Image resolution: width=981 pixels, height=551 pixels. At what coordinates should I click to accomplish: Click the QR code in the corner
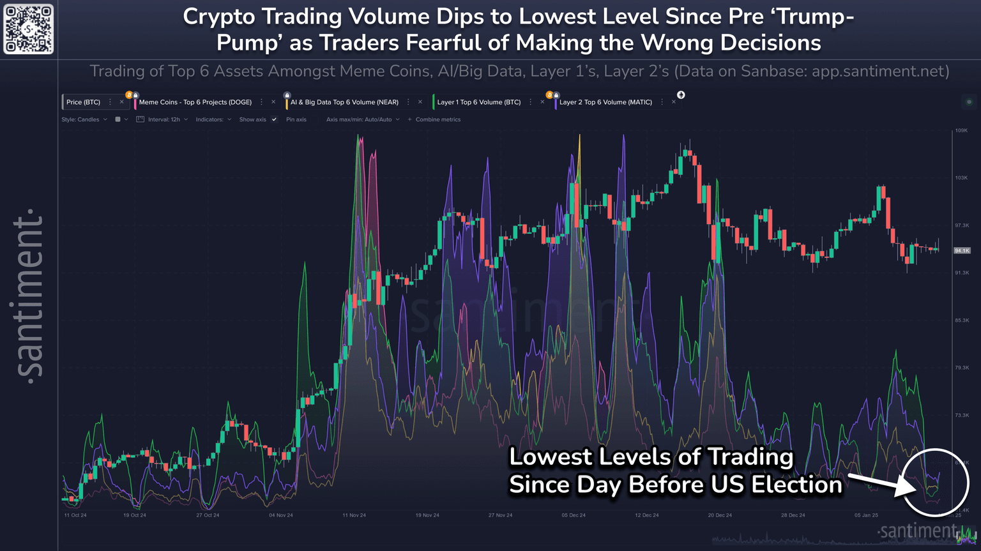pyautogui.click(x=29, y=29)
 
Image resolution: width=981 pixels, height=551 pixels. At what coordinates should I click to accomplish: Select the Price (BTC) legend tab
pyautogui.click(x=83, y=102)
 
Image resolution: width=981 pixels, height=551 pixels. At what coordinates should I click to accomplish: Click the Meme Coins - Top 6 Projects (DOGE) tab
pyautogui.click(x=195, y=102)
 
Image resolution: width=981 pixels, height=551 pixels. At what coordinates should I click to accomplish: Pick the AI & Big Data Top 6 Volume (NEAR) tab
pyautogui.click(x=344, y=102)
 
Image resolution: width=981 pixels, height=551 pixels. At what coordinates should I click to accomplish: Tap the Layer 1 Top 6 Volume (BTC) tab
pyautogui.click(x=478, y=102)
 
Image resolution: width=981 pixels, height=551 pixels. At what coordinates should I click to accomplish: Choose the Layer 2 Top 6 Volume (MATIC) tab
pyautogui.click(x=605, y=102)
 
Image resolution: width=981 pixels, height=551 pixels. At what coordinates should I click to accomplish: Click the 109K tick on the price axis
pyautogui.click(x=961, y=130)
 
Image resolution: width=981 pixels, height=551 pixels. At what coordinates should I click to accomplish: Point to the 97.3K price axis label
pyautogui.click(x=961, y=225)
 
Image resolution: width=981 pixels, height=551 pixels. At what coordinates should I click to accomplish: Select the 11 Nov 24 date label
pyautogui.click(x=354, y=515)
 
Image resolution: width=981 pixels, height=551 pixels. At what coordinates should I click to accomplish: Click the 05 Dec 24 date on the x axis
pyautogui.click(x=574, y=515)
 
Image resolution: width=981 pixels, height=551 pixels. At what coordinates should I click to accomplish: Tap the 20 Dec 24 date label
pyautogui.click(x=720, y=515)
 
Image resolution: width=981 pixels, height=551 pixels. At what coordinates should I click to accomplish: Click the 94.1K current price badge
pyautogui.click(x=962, y=251)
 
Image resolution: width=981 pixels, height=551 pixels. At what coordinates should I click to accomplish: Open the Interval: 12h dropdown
pyautogui.click(x=163, y=119)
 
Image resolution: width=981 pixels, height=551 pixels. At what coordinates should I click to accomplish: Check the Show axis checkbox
pyautogui.click(x=274, y=119)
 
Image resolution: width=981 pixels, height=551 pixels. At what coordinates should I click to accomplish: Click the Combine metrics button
pyautogui.click(x=437, y=119)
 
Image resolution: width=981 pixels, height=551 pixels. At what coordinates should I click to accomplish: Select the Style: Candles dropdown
pyautogui.click(x=84, y=119)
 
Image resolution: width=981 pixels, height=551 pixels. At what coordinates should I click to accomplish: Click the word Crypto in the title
pyautogui.click(x=220, y=17)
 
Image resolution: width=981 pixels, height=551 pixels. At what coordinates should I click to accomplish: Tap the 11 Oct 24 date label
pyautogui.click(x=75, y=515)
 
